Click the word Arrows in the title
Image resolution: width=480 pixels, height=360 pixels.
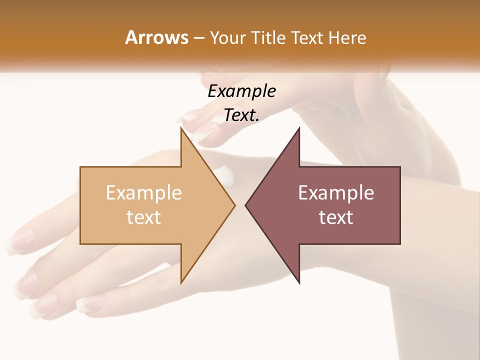[157, 37]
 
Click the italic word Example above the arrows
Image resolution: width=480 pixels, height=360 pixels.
[241, 91]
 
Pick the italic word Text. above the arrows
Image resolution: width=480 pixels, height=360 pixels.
[241, 115]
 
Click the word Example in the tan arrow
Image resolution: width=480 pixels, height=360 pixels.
[143, 192]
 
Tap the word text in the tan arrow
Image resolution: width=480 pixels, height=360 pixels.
[143, 217]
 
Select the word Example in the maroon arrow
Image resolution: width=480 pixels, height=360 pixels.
[336, 192]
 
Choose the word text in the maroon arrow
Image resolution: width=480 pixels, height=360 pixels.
[336, 217]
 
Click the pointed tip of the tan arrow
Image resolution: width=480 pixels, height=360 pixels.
[234, 205]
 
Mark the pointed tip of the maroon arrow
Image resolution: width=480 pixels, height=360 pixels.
[246, 205]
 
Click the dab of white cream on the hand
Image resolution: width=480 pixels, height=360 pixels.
[223, 176]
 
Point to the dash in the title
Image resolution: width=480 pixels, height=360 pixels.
[198, 38]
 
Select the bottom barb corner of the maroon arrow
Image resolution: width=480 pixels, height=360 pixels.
[299, 283]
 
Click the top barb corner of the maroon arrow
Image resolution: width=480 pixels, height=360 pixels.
[299, 128]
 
